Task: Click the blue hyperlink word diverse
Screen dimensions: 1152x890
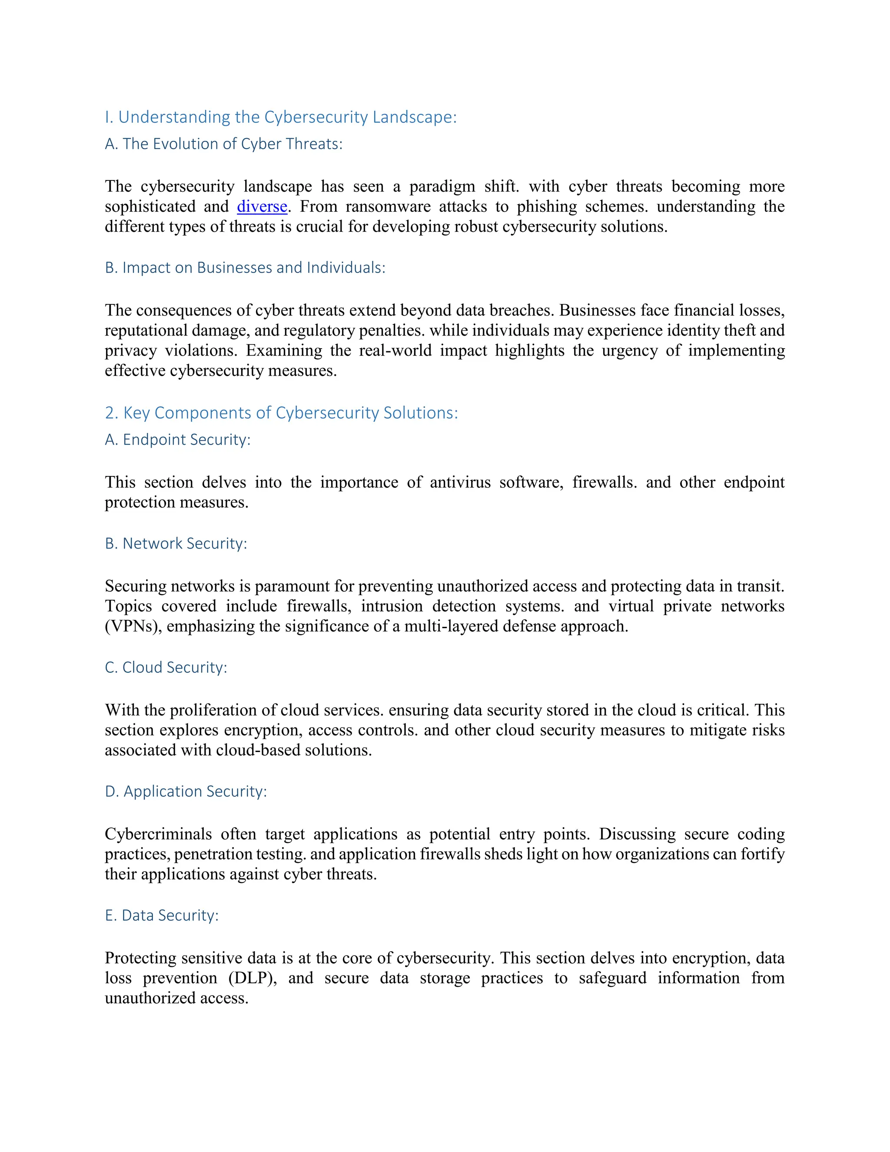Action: click(262, 206)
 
